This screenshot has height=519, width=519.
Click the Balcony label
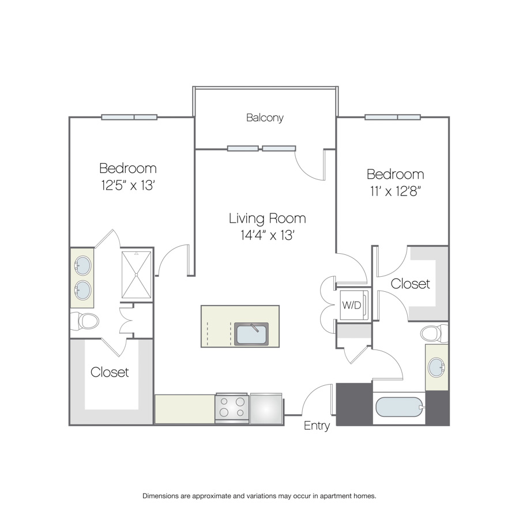(265, 118)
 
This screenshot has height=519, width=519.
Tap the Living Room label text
(268, 219)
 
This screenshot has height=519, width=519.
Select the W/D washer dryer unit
(354, 304)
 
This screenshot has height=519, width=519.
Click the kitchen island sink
(251, 334)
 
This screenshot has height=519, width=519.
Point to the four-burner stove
(232, 408)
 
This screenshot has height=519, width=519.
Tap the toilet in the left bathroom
(85, 321)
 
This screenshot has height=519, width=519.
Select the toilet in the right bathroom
(434, 333)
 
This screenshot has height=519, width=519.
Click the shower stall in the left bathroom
(136, 274)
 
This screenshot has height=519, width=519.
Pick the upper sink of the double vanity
(82, 265)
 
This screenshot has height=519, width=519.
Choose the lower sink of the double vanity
(82, 290)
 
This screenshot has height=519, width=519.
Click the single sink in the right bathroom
(437, 367)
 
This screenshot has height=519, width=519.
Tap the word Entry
(317, 426)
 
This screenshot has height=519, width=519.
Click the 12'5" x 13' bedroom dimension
(129, 185)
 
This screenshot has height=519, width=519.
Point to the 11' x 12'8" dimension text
(396, 191)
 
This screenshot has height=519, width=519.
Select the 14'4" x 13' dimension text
(268, 235)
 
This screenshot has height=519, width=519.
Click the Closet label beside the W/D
(411, 284)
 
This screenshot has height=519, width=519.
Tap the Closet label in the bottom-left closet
(110, 372)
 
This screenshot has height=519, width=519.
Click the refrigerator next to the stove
(266, 408)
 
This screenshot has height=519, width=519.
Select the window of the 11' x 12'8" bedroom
(393, 117)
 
